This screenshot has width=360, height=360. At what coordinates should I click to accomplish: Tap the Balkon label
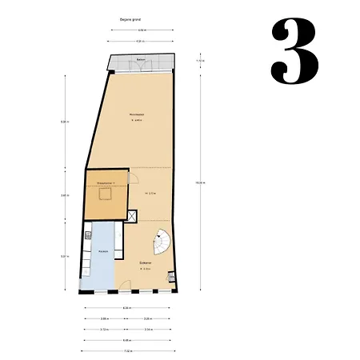pyautogui.click(x=141, y=60)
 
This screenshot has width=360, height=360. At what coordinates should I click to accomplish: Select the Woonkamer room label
pyautogui.click(x=136, y=115)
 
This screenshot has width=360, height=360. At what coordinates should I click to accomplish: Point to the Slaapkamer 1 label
pyautogui.click(x=106, y=183)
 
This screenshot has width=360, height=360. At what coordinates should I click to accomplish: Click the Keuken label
pyautogui.click(x=103, y=252)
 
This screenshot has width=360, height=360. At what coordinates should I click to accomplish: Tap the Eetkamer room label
pyautogui.click(x=146, y=262)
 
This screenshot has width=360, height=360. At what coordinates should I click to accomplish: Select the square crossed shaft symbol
pyautogui.click(x=132, y=215)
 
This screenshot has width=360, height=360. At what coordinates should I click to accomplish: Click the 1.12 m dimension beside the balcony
pyautogui.click(x=201, y=61)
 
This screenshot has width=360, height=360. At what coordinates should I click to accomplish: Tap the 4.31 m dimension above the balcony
pyautogui.click(x=139, y=40)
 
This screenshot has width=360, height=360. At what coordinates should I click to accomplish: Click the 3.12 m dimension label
pyautogui.click(x=105, y=329)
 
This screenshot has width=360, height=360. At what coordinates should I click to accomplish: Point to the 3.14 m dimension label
pyautogui.click(x=149, y=329)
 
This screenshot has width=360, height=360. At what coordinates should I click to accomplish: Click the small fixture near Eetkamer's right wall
pyautogui.click(x=169, y=278)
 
